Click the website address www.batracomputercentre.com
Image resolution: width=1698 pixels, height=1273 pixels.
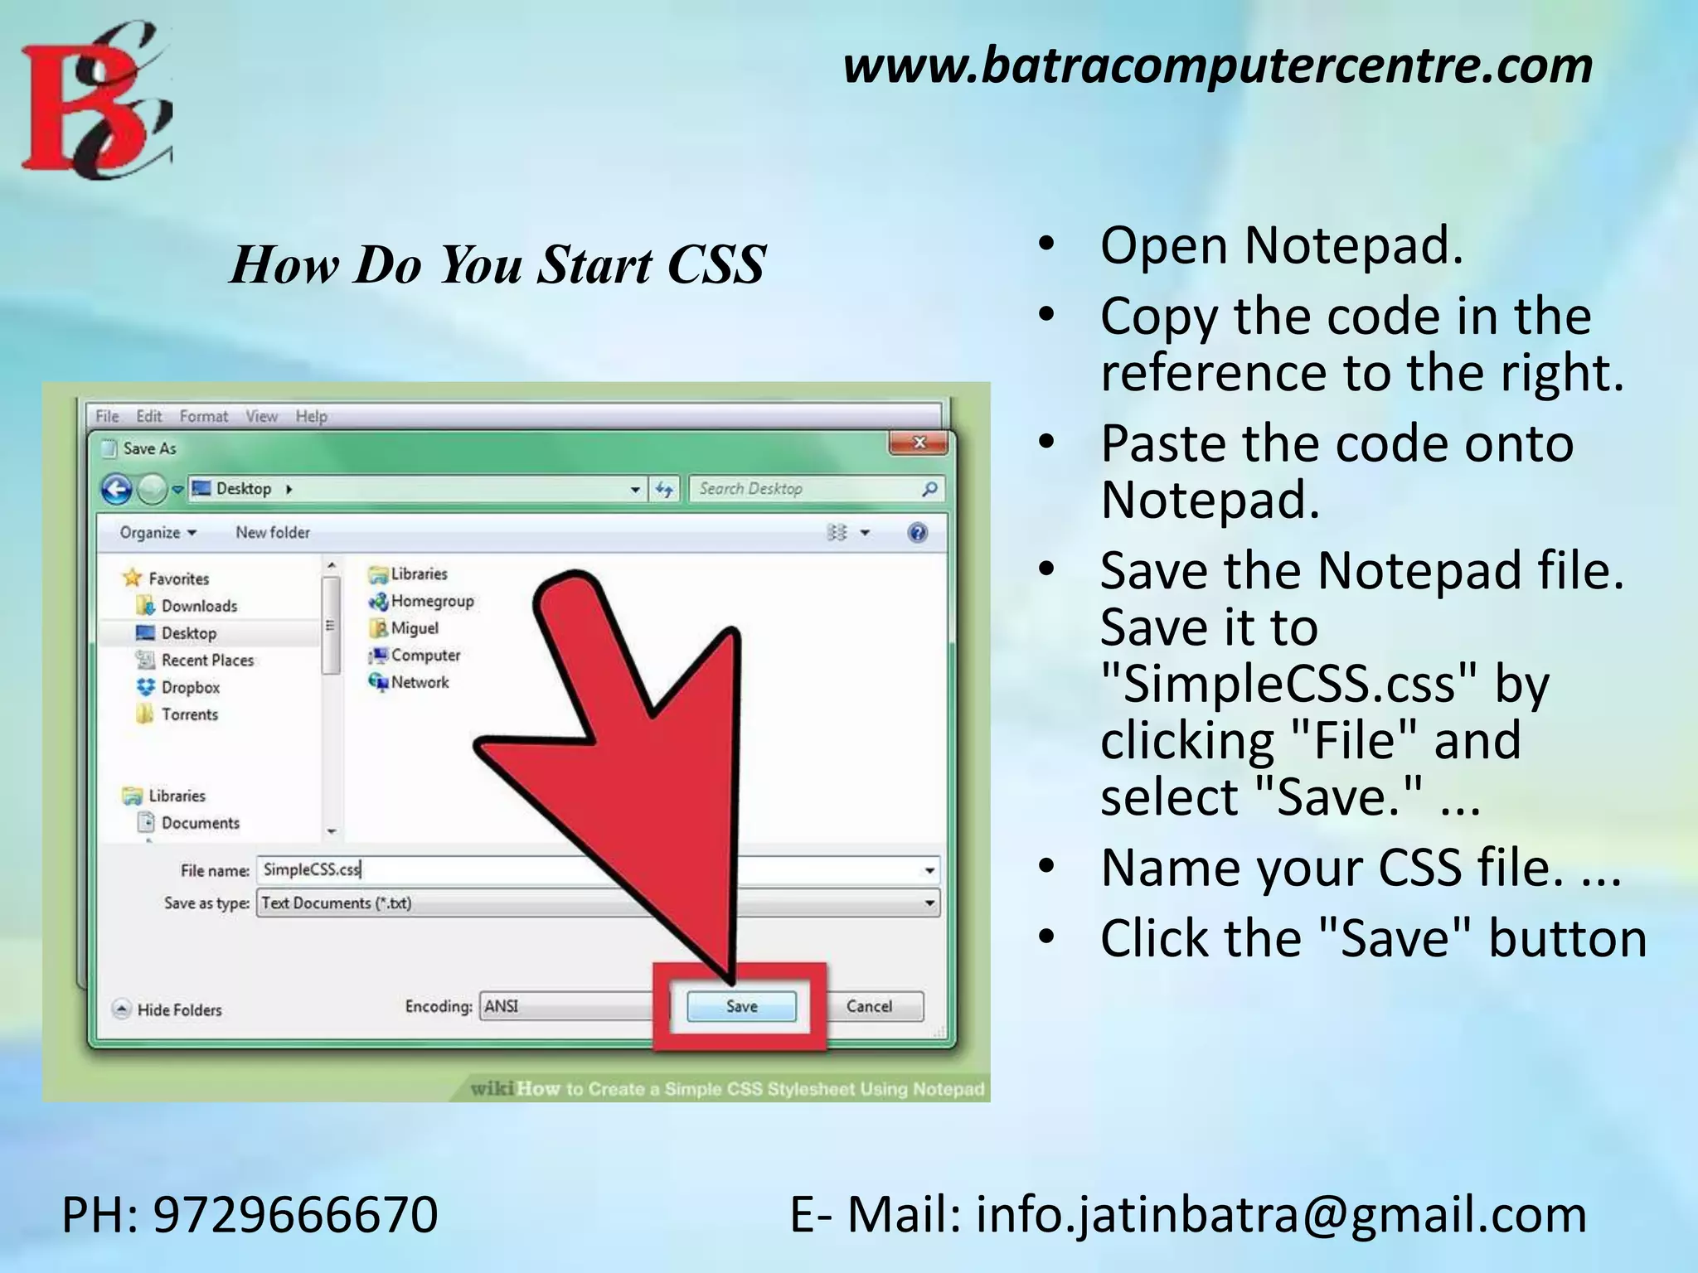1217,66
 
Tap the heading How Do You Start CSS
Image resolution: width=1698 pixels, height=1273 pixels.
497,265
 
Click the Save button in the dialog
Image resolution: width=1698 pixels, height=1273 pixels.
741,1006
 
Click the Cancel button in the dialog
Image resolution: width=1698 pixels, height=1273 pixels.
869,1006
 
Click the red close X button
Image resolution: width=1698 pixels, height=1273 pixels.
919,443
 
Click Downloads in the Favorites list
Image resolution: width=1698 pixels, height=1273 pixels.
198,606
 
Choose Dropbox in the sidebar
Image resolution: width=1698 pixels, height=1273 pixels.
190,687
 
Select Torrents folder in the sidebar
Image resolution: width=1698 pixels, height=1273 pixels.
189,714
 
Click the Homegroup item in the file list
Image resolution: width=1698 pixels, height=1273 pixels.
431,601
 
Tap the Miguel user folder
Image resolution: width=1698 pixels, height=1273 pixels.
414,628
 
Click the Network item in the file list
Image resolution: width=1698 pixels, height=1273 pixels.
419,682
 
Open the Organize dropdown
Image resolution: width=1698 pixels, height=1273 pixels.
158,532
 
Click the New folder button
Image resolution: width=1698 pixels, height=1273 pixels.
273,532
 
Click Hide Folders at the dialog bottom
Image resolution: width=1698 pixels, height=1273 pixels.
178,1009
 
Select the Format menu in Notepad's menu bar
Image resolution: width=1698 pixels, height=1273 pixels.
203,416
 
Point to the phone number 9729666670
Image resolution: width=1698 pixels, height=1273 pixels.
295,1215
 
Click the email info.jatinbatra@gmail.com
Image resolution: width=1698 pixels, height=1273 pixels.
1281,1215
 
